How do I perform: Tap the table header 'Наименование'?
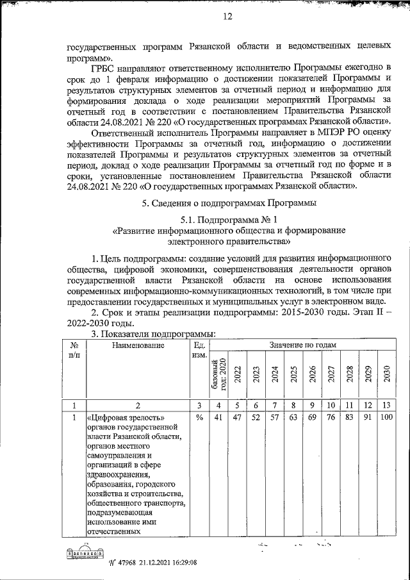(x=138, y=345)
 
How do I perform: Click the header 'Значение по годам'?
(x=300, y=345)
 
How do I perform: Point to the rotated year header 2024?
(x=274, y=374)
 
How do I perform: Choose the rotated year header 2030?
(x=386, y=374)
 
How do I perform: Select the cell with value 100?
(x=386, y=418)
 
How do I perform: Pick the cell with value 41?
(x=218, y=418)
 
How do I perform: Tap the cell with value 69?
(x=311, y=418)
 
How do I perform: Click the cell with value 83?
(x=349, y=418)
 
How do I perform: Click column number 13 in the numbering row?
(x=386, y=405)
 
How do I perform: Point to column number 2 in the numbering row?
(x=138, y=405)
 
